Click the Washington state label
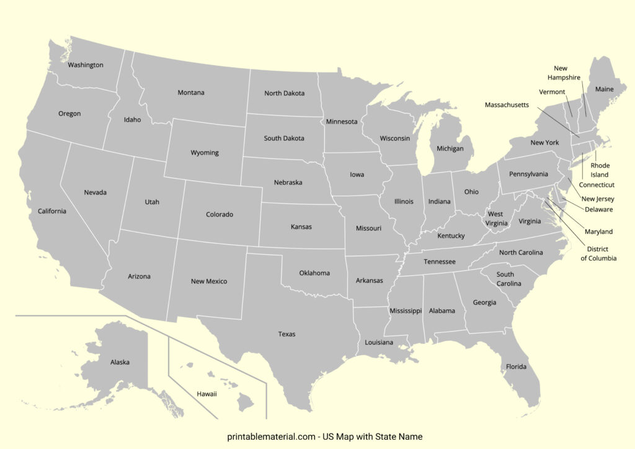(x=86, y=65)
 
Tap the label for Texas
(x=286, y=334)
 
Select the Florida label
(x=516, y=367)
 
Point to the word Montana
(x=191, y=93)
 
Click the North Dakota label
(x=285, y=94)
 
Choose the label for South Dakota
(x=284, y=138)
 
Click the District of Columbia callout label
(x=598, y=254)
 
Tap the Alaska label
(x=120, y=362)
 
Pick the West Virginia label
(x=497, y=218)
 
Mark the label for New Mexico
(x=209, y=282)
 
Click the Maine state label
(x=604, y=89)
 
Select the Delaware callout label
(x=598, y=210)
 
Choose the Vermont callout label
(x=552, y=92)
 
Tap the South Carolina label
(x=505, y=279)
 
